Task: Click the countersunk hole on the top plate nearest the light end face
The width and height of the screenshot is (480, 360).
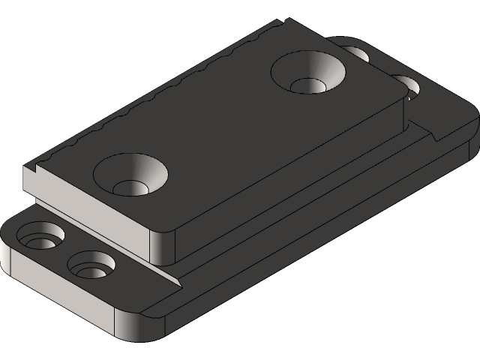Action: click(130, 175)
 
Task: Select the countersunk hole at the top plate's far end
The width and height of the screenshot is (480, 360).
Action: click(308, 73)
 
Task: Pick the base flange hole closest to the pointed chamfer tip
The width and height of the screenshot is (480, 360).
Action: click(91, 264)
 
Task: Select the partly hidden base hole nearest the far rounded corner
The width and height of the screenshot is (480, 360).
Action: click(357, 53)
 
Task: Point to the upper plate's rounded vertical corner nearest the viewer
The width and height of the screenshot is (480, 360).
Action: click(163, 246)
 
